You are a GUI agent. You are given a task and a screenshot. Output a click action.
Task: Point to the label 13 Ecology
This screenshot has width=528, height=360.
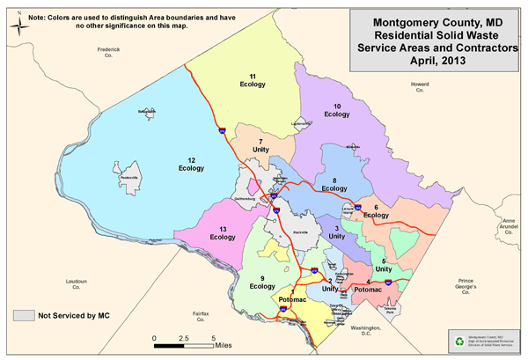point(223,232)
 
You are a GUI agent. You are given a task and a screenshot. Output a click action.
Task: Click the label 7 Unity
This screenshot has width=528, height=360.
point(260,145)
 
